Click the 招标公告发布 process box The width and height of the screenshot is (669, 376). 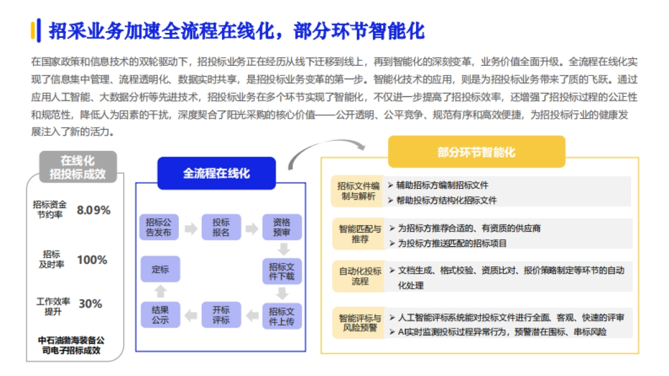pos(159,227)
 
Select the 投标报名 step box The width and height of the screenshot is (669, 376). pos(221,227)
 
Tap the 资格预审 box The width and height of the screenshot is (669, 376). pos(282,227)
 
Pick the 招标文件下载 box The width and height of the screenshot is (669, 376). pos(282,271)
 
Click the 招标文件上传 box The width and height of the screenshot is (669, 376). pos(282,315)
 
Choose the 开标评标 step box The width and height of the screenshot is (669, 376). pos(221,315)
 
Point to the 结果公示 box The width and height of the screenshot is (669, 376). pos(159,315)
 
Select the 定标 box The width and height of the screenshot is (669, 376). pos(159,270)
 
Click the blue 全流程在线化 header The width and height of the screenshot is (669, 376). pos(216,173)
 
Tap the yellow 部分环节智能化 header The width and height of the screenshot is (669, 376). pos(476,152)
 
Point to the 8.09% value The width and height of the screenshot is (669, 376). pos(94,211)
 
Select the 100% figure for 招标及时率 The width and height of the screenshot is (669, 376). pos(92,260)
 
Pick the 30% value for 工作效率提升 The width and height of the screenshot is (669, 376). pos(90,304)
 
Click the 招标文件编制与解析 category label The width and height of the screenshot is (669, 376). pos(358,191)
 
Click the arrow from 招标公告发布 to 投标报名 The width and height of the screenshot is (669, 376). pos(190,228)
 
